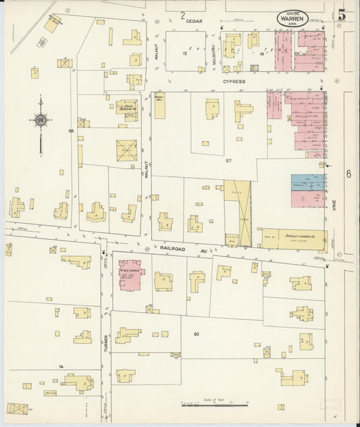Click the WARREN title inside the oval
coord(292,19)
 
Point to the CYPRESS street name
coord(234,81)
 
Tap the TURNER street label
coord(106,345)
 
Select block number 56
coord(70,130)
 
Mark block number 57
coord(228,160)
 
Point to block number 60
coord(196,334)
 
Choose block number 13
coord(184,53)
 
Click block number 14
coord(261,53)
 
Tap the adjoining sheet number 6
coord(349,174)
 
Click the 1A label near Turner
coord(61,366)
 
